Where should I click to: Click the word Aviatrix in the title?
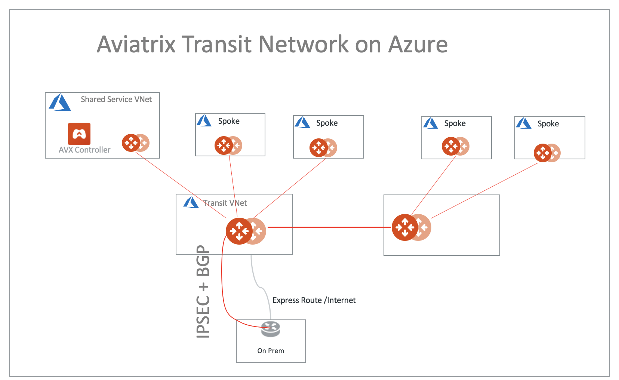pos(136,44)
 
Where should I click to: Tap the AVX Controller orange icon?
pos(79,134)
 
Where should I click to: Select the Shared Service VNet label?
pos(116,99)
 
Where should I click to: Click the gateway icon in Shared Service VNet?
pos(132,142)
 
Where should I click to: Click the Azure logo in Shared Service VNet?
pos(59,102)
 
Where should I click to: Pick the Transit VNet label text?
pos(225,203)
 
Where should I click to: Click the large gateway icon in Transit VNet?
pos(240,231)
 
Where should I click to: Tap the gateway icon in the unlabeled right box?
pos(405,227)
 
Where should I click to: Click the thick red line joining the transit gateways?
pos(329,227)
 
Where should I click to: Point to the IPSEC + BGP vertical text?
pos(203,292)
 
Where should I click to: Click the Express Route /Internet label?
pos(314,300)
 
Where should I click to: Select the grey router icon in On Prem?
pos(271,329)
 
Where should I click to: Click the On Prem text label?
pos(271,351)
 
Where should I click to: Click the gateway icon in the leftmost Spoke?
pos(224,145)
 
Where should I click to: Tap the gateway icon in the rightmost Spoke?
pos(543,153)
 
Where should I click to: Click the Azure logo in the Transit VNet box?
pos(191,203)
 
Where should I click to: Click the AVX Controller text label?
pos(84,150)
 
